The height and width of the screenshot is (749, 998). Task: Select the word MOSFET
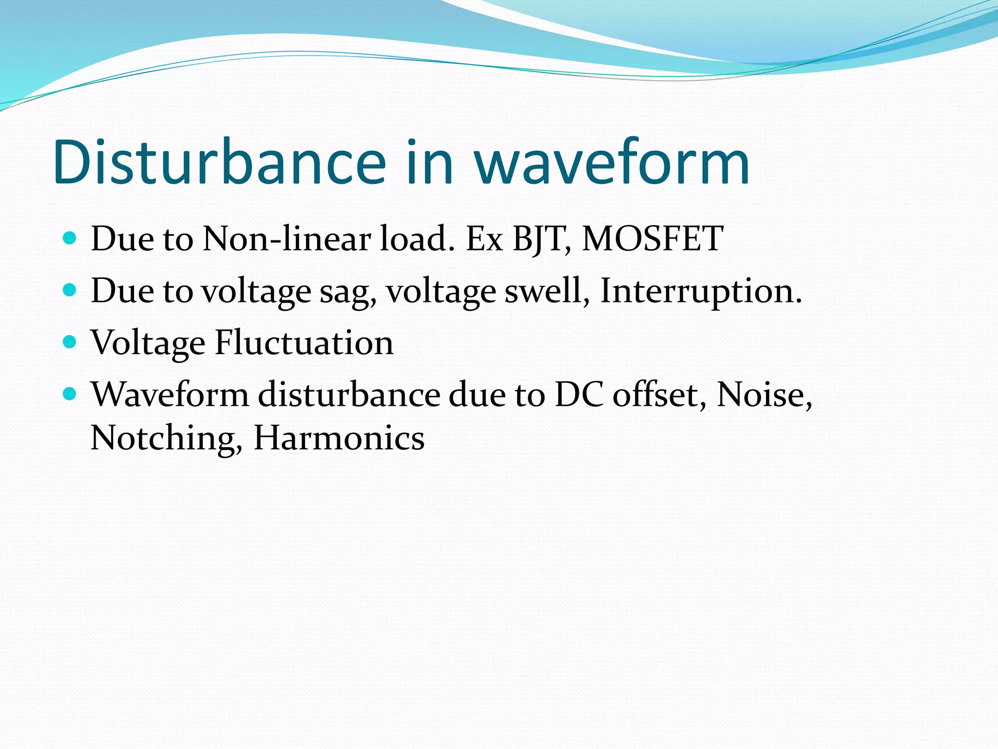point(653,238)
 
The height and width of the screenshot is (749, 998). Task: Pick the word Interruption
point(700,291)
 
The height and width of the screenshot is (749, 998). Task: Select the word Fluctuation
point(304,342)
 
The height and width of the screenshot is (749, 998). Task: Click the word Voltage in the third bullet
point(148,343)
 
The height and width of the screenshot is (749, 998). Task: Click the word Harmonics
point(339,437)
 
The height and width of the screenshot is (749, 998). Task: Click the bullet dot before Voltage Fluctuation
point(70,342)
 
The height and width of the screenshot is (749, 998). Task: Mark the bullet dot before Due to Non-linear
point(70,238)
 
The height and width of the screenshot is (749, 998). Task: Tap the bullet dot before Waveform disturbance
point(70,394)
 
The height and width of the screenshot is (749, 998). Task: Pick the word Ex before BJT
point(484,239)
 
